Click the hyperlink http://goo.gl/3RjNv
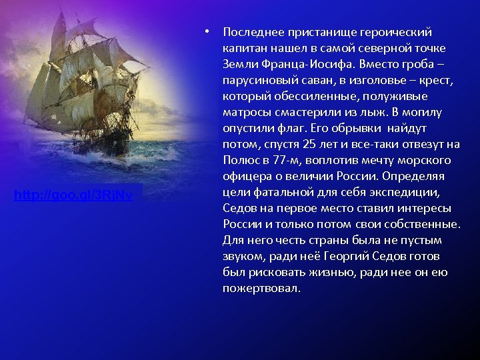[x=78, y=195]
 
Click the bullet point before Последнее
[x=208, y=32]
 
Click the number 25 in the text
[x=309, y=144]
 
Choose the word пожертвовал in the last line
[x=261, y=289]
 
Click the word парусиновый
[x=255, y=80]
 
